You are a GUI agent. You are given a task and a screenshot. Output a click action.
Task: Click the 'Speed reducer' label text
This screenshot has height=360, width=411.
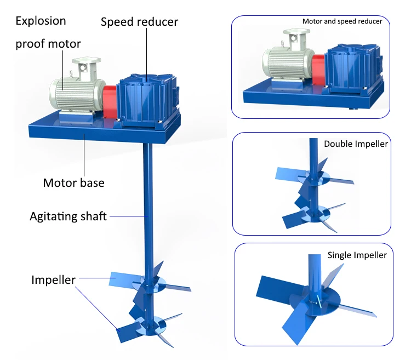tap(139, 22)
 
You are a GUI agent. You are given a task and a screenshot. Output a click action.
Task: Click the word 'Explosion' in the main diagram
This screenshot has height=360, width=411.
tap(41, 21)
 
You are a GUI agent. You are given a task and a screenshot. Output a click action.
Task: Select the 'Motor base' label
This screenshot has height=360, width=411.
tap(73, 182)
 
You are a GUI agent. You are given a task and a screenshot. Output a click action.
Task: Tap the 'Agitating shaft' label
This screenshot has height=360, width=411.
tap(68, 216)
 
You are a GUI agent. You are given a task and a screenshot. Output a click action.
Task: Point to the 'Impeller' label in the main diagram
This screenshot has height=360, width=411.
tap(53, 279)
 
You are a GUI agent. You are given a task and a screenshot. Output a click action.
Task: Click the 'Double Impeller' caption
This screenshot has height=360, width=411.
tap(356, 144)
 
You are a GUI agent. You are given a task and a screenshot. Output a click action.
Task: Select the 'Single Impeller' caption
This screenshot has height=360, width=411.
tap(357, 255)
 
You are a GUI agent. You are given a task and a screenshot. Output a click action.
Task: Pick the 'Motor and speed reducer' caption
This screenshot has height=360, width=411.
tap(342, 21)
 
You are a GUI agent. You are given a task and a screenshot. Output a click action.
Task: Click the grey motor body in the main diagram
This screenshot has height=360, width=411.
tap(77, 93)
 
